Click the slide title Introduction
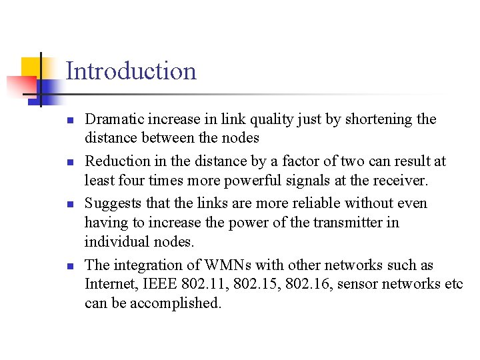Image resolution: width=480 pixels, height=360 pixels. click(131, 71)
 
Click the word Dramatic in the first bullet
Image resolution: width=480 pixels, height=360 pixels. click(111, 119)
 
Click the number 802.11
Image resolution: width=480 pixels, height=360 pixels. click(204, 284)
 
